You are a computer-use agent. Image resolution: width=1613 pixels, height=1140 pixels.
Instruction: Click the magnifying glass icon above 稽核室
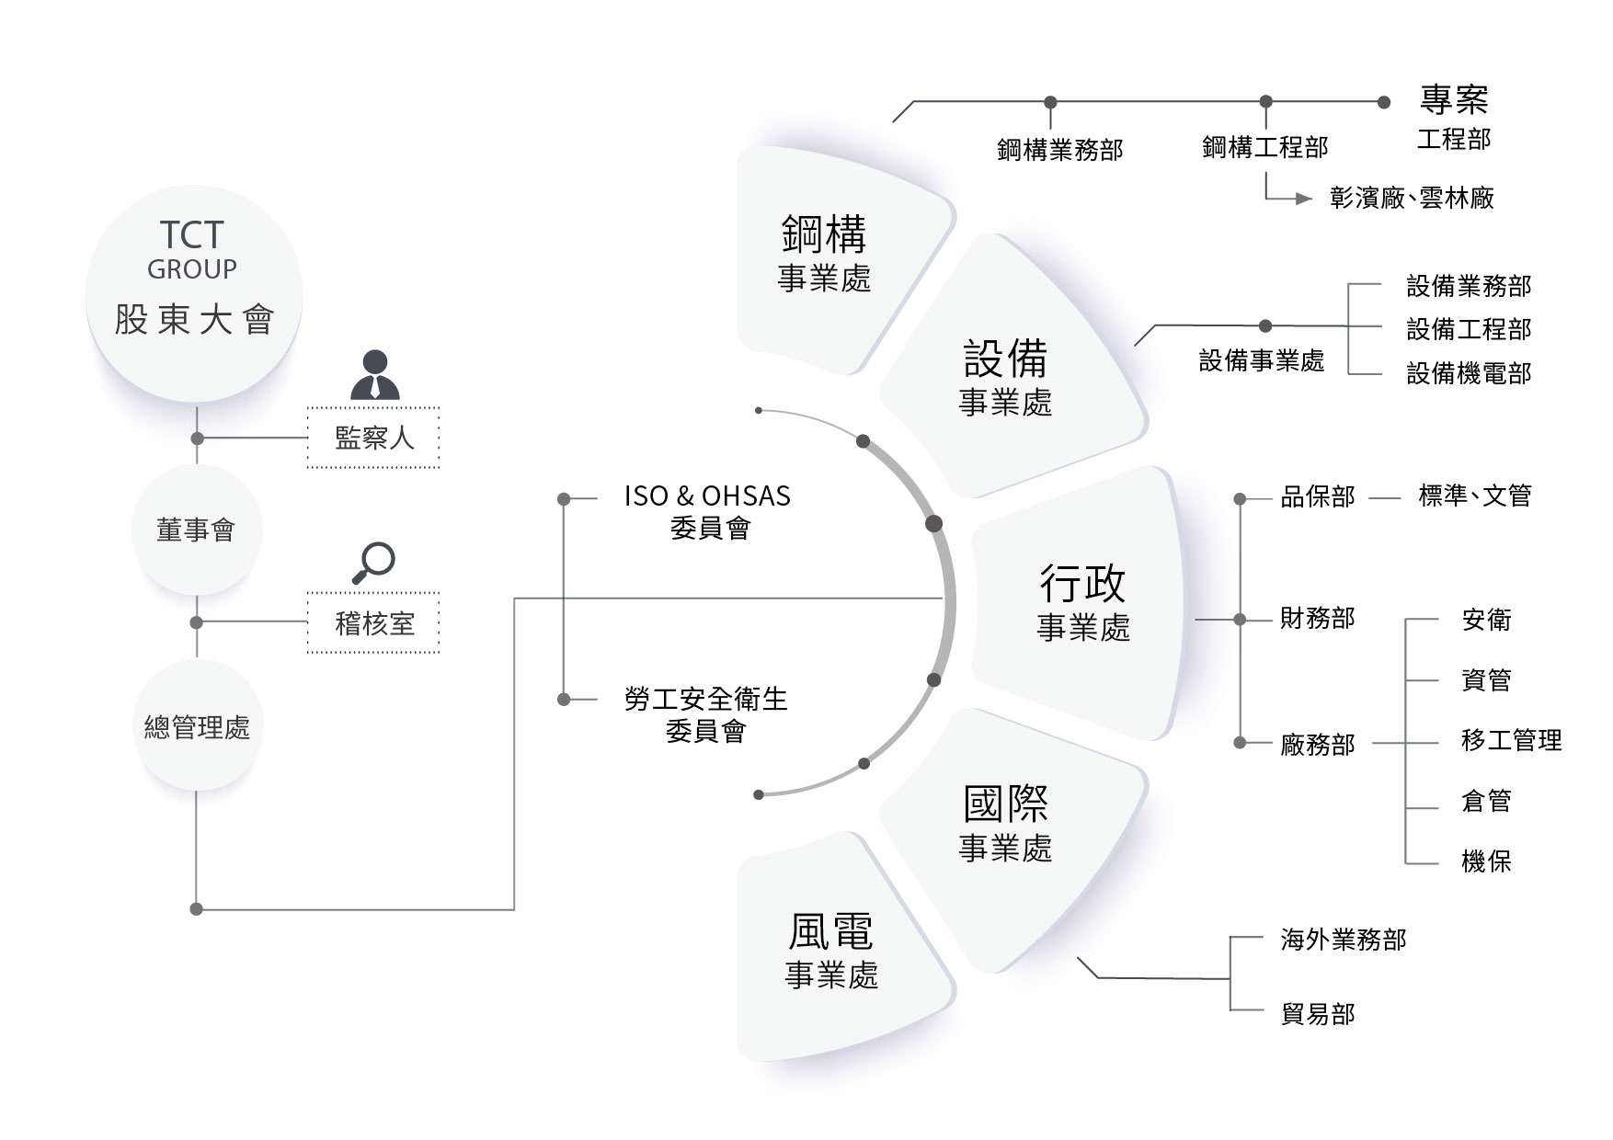tap(373, 563)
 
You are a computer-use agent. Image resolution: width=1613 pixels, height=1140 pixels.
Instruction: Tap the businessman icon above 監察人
tap(375, 375)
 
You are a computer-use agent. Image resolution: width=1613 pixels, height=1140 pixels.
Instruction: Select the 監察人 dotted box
tap(373, 438)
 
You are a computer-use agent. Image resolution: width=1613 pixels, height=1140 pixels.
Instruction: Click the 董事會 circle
tap(196, 530)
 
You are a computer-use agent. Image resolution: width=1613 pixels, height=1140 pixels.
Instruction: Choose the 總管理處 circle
tap(197, 727)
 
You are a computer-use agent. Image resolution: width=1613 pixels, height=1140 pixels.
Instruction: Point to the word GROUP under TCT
tap(192, 269)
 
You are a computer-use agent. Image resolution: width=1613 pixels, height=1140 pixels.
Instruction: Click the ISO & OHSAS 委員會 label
tap(707, 511)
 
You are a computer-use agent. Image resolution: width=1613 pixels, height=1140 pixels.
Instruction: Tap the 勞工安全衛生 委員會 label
tap(705, 714)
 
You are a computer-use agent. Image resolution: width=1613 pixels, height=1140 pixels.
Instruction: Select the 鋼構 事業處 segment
tap(824, 254)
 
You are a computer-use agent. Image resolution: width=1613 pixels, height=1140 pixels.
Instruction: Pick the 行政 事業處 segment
tap(1083, 602)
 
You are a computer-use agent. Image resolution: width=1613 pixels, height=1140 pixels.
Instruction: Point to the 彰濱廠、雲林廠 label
tap(1412, 198)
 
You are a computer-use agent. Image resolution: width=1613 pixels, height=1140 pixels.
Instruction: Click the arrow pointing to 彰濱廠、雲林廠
tap(1302, 199)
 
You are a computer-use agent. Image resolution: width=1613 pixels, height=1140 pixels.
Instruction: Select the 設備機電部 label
tap(1469, 373)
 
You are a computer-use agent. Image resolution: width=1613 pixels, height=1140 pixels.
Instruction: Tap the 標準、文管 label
tap(1474, 496)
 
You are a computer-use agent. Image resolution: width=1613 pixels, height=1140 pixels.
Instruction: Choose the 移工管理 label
tap(1511, 740)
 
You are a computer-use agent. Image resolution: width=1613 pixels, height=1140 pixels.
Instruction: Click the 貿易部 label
tap(1317, 1014)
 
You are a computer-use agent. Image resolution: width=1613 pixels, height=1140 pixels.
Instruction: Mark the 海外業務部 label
tap(1343, 940)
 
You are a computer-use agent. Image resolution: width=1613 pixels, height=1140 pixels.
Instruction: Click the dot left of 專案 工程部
tap(1384, 102)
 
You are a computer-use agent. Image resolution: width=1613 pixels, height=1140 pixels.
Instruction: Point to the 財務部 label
tap(1317, 619)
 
